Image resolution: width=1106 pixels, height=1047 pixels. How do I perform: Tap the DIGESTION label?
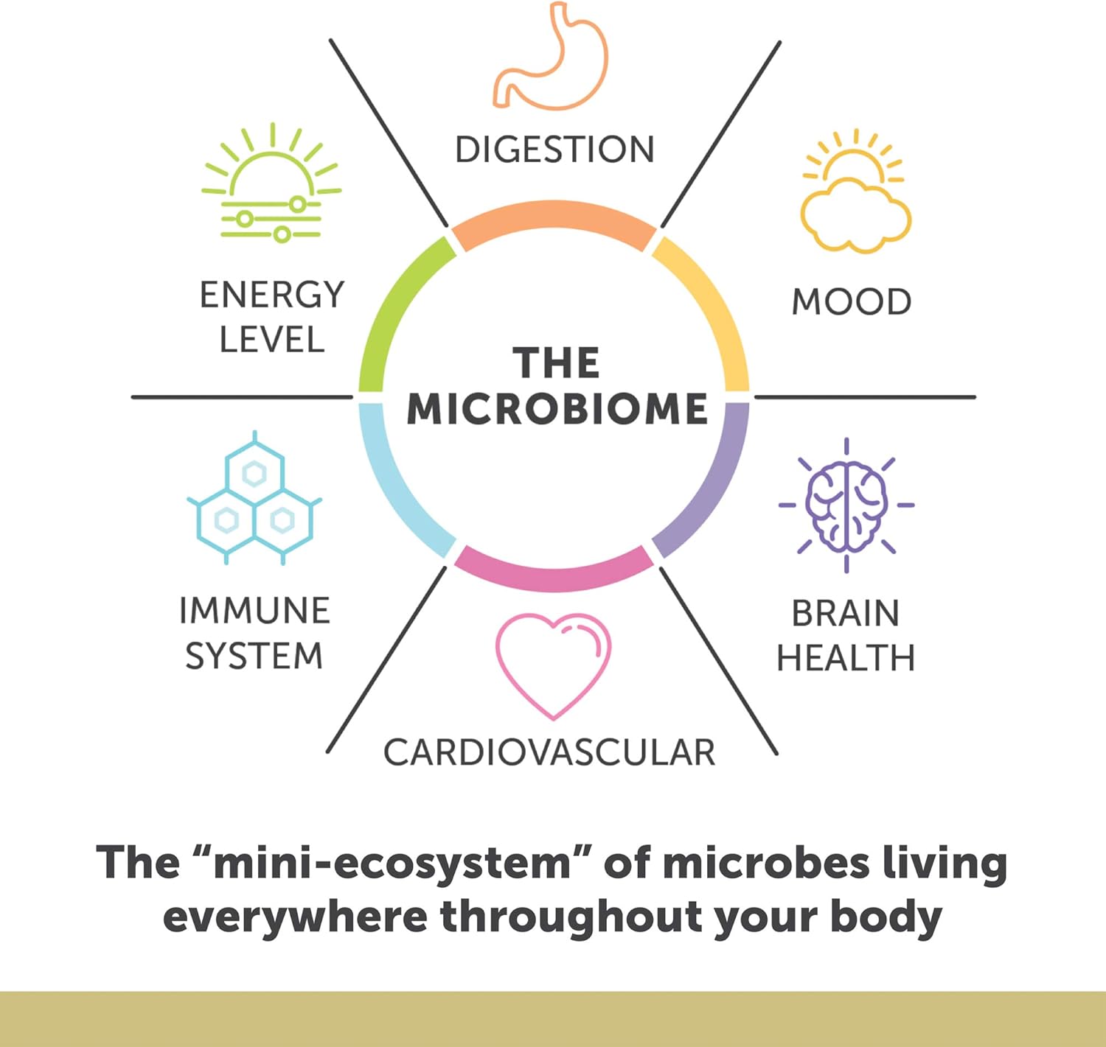[554, 150]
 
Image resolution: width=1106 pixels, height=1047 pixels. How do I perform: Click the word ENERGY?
[272, 295]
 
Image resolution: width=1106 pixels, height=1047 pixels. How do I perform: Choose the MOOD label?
[851, 302]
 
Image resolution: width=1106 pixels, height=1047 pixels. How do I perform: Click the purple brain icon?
[846, 505]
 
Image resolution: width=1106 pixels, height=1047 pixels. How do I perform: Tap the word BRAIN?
[846, 613]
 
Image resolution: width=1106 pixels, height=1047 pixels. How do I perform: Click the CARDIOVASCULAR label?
[549, 752]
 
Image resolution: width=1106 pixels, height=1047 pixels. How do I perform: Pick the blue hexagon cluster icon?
[254, 497]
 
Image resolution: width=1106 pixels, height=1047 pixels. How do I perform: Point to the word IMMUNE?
[255, 611]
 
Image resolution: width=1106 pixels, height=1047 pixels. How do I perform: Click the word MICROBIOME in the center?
[557, 409]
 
